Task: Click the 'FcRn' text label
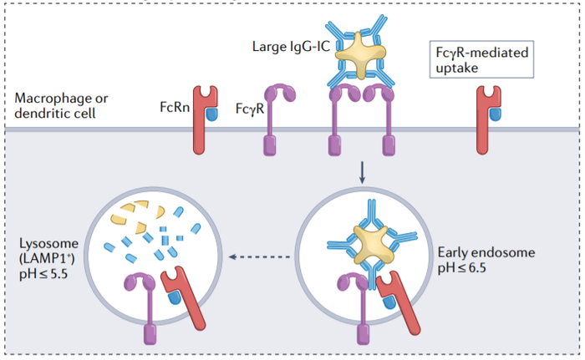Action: (x=174, y=108)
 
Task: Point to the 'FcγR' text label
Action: (x=248, y=108)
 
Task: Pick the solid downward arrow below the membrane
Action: (x=362, y=172)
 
